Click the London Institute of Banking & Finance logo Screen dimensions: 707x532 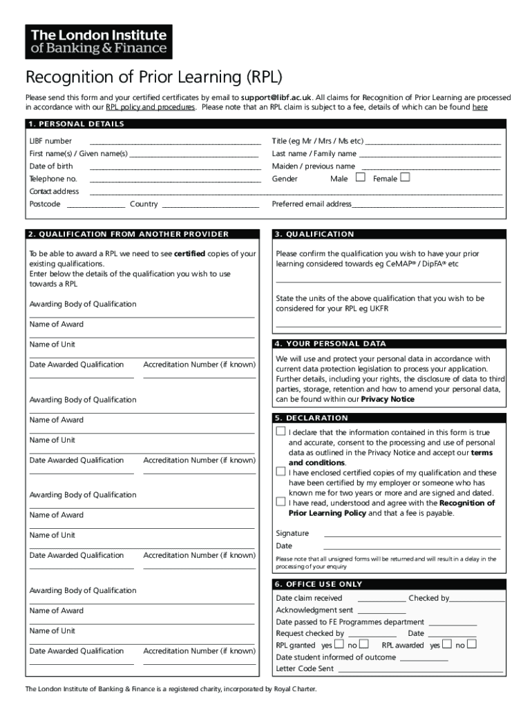(99, 42)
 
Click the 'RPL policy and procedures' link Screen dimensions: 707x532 (150, 108)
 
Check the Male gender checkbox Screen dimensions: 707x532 (360, 177)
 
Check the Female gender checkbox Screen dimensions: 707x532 (405, 177)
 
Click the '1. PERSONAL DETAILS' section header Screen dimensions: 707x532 (76, 124)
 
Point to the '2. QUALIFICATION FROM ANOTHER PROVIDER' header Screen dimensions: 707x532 (129, 234)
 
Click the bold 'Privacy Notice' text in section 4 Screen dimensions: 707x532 (388, 399)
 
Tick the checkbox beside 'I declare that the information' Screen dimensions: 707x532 (281, 432)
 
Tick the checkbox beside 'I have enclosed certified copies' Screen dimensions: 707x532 (281, 472)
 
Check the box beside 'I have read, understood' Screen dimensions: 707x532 (281, 502)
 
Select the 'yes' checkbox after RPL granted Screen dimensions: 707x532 (339, 644)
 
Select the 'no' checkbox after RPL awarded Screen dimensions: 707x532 (472, 644)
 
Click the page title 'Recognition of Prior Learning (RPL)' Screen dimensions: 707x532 (154, 76)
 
